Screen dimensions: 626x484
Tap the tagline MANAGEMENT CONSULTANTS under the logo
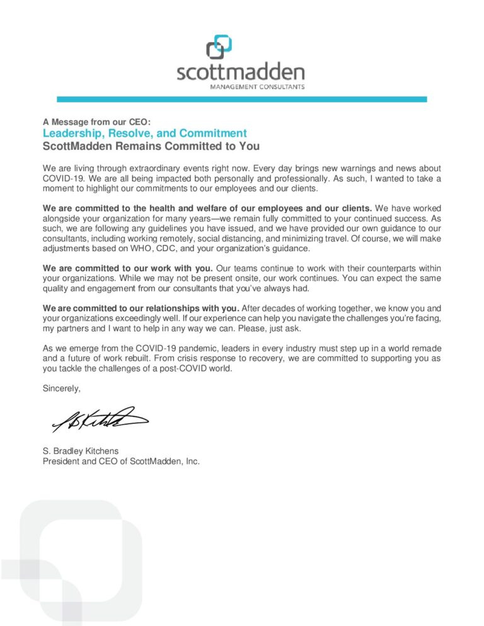coord(257,86)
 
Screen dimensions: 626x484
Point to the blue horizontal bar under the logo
coord(241,99)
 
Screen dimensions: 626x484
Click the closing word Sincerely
coord(62,389)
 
